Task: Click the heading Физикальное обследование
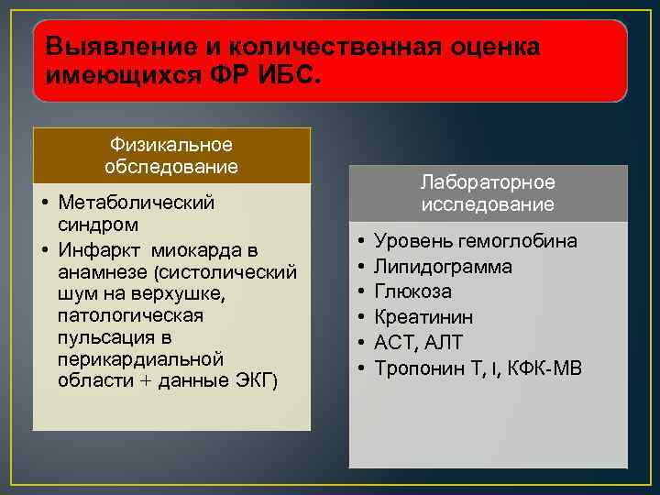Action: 171,156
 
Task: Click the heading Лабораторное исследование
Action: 488,193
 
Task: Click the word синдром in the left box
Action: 97,224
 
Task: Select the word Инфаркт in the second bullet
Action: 102,250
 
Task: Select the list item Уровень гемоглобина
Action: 475,241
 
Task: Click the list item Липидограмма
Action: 443,267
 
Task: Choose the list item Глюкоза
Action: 412,291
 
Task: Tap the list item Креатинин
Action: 423,317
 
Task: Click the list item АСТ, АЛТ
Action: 419,342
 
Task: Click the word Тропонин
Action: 419,368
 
